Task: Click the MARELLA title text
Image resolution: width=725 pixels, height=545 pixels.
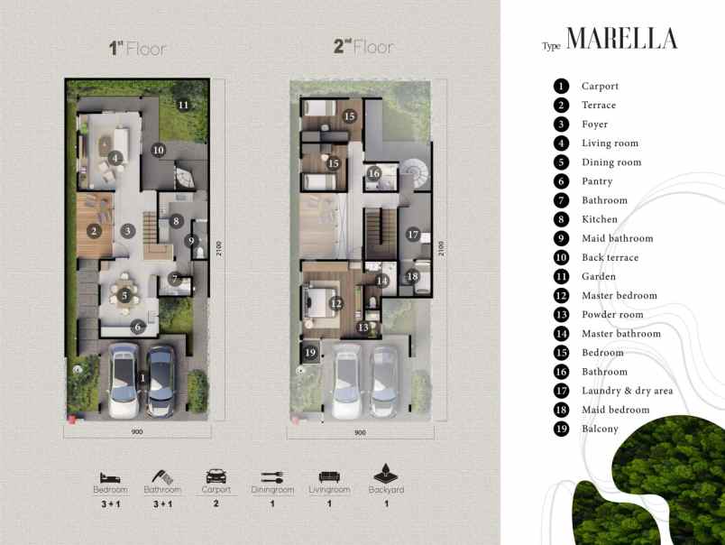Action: [622, 40]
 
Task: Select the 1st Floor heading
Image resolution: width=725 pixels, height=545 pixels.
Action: [138, 49]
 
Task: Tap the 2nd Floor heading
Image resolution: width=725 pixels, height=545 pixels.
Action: [363, 47]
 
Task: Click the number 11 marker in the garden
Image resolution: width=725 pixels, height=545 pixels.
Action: [183, 105]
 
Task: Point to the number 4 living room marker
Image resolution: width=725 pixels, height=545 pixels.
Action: [115, 158]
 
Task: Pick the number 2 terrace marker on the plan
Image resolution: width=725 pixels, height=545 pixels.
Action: [94, 230]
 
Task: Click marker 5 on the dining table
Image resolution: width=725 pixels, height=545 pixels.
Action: [124, 295]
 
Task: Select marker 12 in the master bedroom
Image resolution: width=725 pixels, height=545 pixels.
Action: [335, 304]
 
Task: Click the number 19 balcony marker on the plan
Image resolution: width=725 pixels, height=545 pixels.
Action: [310, 353]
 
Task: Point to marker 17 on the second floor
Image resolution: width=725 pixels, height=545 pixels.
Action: [413, 235]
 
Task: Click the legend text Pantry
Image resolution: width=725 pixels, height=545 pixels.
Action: [596, 181]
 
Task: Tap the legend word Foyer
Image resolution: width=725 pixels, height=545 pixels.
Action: [594, 125]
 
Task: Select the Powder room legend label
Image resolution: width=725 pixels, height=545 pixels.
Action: [612, 315]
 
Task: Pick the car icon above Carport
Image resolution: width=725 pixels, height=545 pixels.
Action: [216, 476]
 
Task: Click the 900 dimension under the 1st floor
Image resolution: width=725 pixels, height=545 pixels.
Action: [137, 432]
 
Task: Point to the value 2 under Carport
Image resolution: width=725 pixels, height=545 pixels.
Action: [216, 504]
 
